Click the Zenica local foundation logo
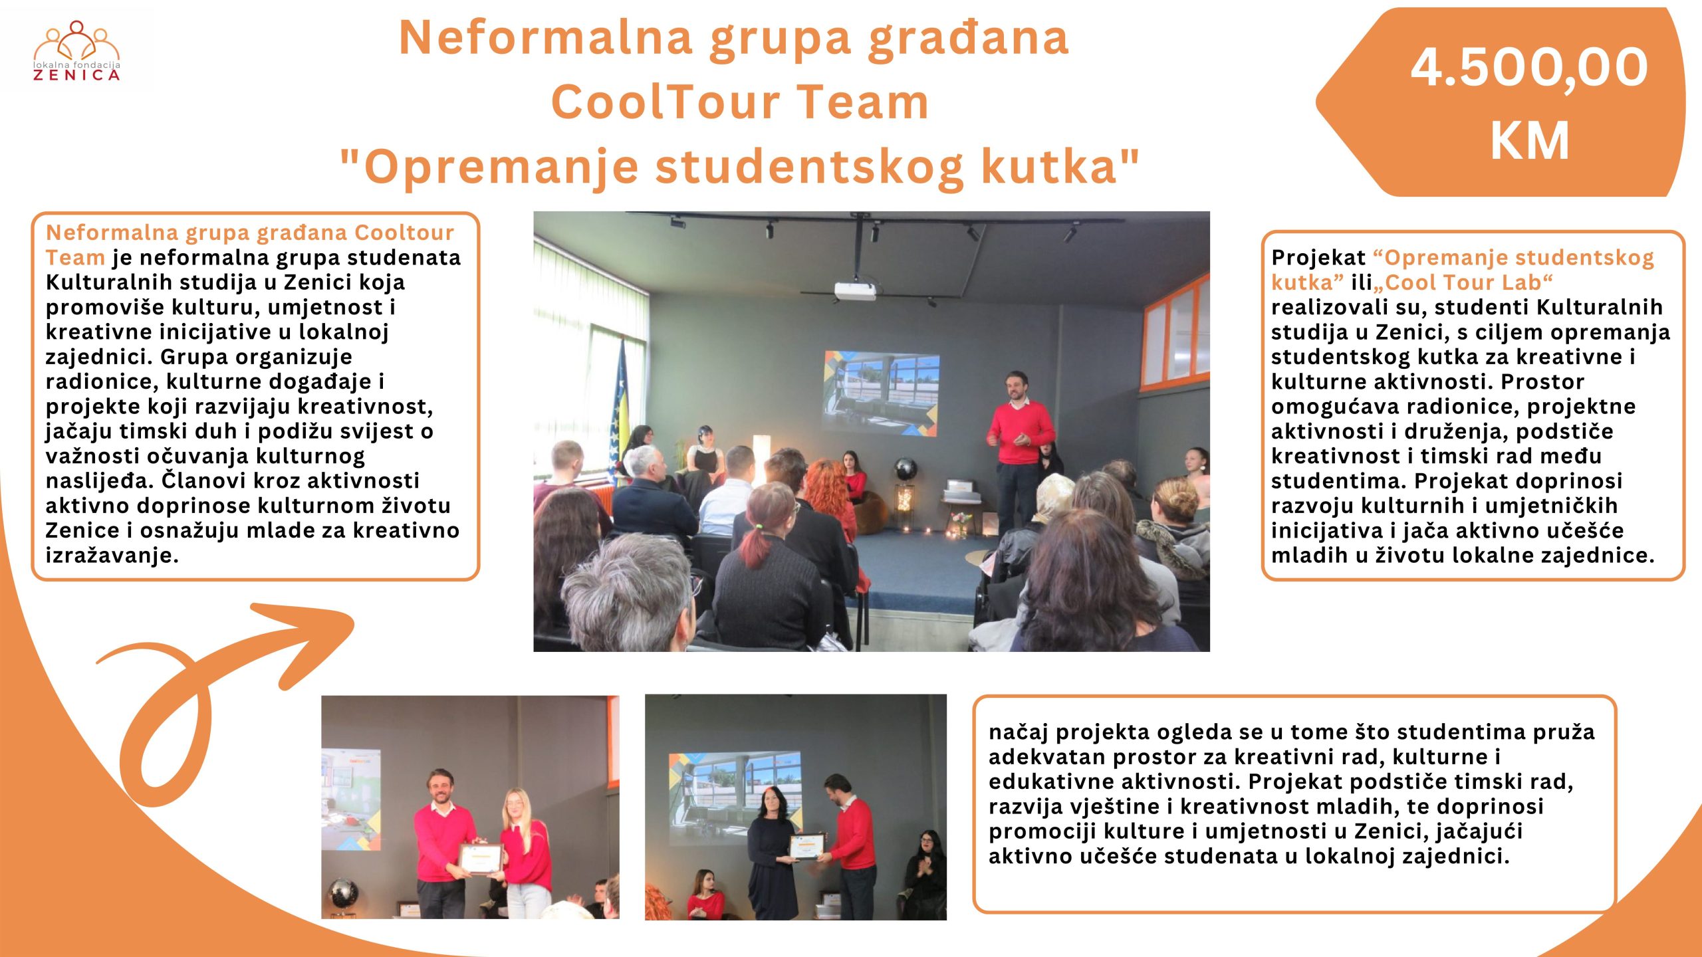(x=77, y=51)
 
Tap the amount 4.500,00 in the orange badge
(x=1529, y=67)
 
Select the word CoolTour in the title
(x=666, y=102)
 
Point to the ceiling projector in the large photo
(x=855, y=290)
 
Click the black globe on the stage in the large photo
(x=905, y=469)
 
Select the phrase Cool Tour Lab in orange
(x=1463, y=282)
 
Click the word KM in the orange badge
(x=1530, y=140)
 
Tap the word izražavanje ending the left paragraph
(x=112, y=556)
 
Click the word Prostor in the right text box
(x=1543, y=382)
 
